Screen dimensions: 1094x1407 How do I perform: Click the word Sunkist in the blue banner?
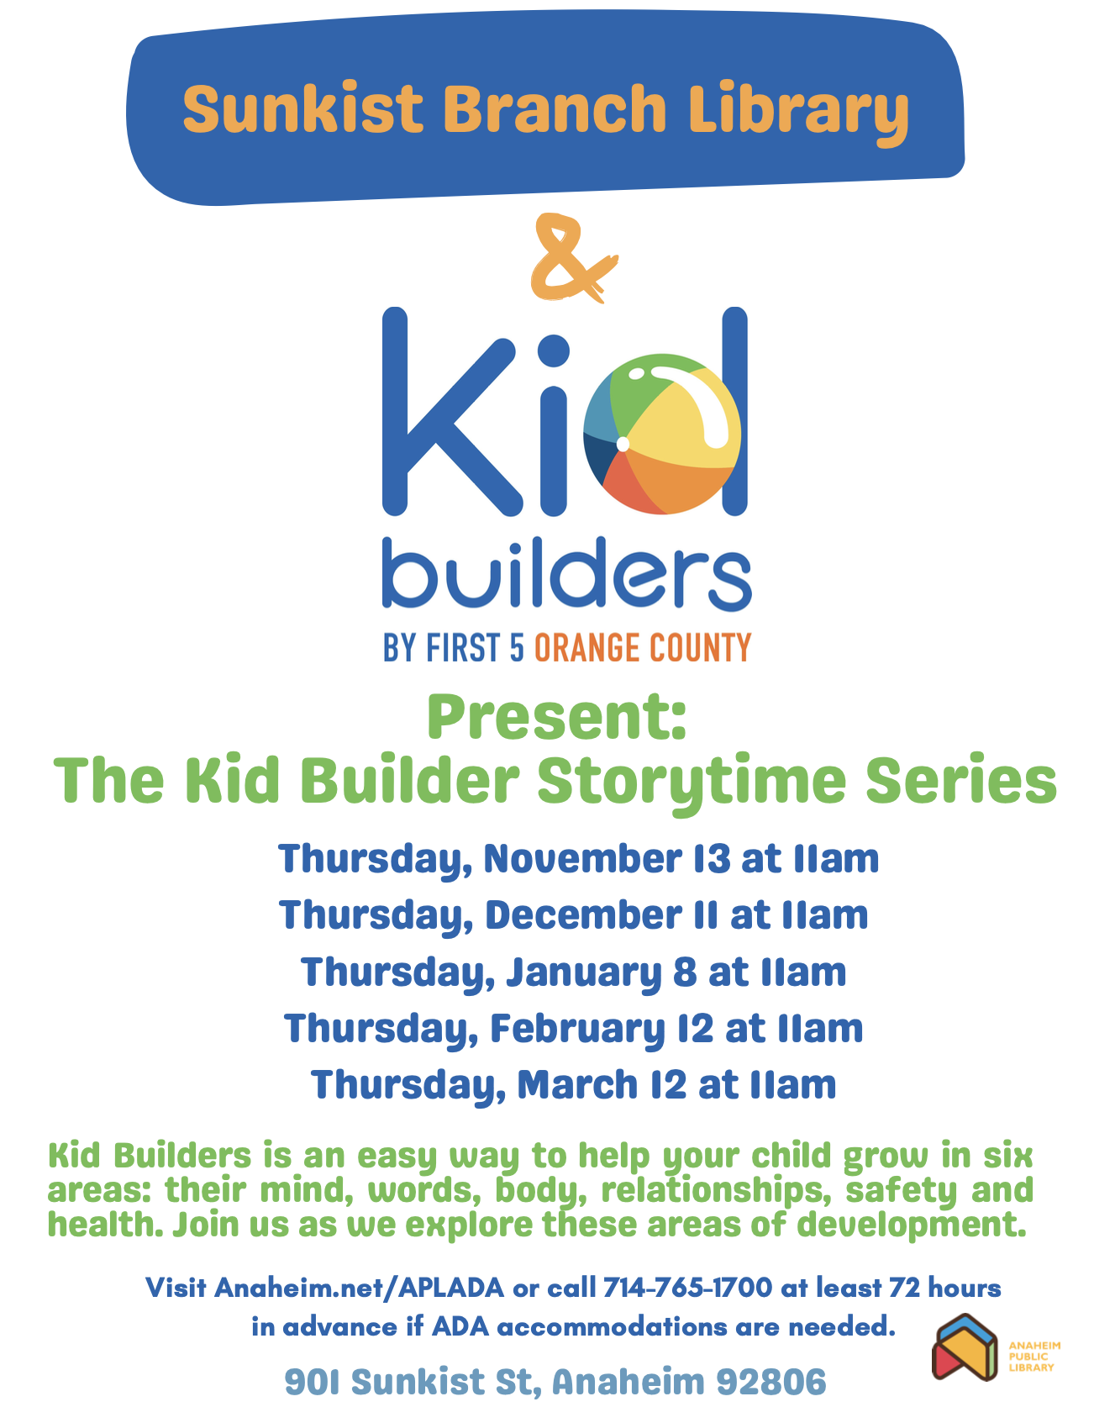pyautogui.click(x=303, y=109)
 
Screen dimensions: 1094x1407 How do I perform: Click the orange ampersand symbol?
pyautogui.click(x=572, y=258)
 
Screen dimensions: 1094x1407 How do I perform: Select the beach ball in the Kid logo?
pyautogui.click(x=663, y=434)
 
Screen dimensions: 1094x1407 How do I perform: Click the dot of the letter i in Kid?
pyautogui.click(x=553, y=351)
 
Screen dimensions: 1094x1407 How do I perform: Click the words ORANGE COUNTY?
pyautogui.click(x=643, y=648)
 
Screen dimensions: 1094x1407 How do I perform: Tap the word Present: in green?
pyautogui.click(x=557, y=716)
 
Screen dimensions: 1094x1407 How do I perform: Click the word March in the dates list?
pyautogui.click(x=578, y=1084)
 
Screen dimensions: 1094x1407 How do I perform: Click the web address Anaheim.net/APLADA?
pyautogui.click(x=359, y=1288)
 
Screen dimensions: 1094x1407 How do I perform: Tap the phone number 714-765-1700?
pyautogui.click(x=687, y=1288)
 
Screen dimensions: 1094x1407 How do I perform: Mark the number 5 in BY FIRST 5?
pyautogui.click(x=516, y=648)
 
